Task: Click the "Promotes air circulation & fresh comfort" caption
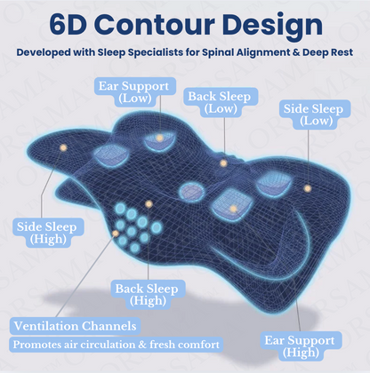pyautogui.click(x=116, y=344)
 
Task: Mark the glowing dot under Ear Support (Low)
pyautogui.click(x=159, y=138)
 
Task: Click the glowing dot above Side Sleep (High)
pyautogui.click(x=61, y=147)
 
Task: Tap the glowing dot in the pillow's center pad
pyautogui.click(x=233, y=208)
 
